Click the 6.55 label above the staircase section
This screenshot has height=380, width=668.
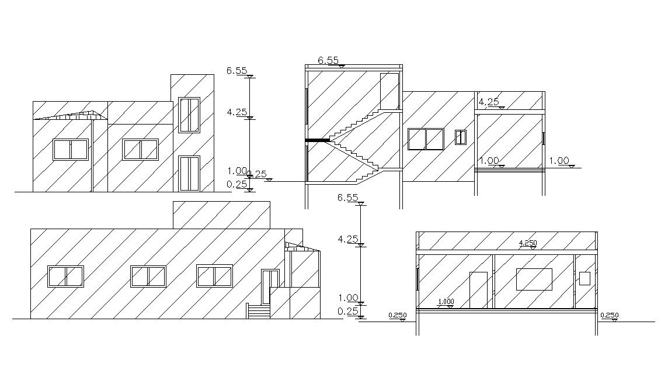click(x=328, y=60)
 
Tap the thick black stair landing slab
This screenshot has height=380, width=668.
click(x=317, y=140)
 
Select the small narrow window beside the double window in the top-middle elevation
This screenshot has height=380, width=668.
click(x=461, y=137)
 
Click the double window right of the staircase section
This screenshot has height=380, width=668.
click(x=426, y=139)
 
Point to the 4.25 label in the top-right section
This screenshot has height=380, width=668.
click(x=489, y=102)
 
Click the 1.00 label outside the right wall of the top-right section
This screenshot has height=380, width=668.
click(x=559, y=161)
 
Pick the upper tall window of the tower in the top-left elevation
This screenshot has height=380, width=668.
click(x=189, y=115)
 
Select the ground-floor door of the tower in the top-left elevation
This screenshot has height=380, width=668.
click(x=189, y=173)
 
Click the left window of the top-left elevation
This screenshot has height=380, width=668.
click(x=71, y=149)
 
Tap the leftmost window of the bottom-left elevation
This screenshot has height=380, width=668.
click(x=65, y=277)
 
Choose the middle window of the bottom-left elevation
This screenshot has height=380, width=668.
click(x=148, y=277)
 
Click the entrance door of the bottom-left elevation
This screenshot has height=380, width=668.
click(x=270, y=286)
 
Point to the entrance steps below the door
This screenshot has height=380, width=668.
click(x=259, y=311)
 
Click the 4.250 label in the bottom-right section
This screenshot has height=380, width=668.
click(x=528, y=243)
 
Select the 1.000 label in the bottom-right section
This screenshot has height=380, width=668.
click(x=446, y=302)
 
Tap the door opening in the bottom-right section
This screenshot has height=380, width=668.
click(x=479, y=289)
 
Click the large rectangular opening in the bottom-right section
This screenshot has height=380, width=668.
click(x=534, y=279)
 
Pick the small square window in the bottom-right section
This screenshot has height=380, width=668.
click(x=584, y=278)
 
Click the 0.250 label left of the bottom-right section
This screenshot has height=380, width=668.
click(x=397, y=316)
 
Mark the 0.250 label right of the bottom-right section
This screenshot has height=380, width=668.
click(x=609, y=316)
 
